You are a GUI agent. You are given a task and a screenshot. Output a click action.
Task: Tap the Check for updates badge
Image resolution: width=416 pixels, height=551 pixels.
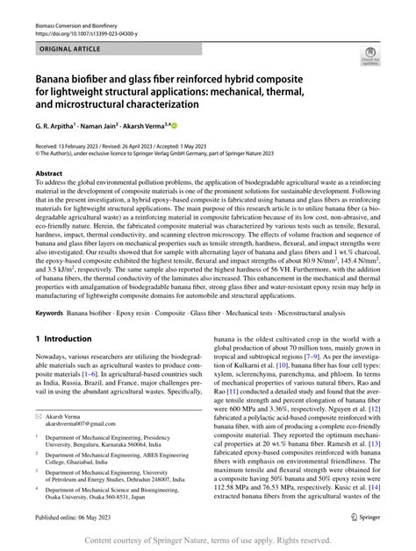click(x=370, y=58)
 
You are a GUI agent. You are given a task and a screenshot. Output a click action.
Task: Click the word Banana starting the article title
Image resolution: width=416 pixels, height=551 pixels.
click(x=54, y=78)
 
